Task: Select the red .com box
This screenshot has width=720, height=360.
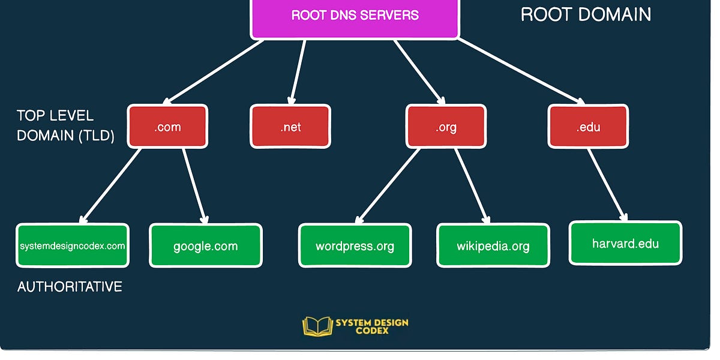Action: (167, 127)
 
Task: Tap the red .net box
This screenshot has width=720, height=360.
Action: (290, 127)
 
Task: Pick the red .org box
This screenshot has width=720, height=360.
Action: (446, 127)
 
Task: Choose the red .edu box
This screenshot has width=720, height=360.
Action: (587, 127)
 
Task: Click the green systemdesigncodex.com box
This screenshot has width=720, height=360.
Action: (72, 245)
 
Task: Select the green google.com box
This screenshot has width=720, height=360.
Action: (205, 245)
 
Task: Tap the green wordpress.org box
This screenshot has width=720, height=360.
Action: (355, 245)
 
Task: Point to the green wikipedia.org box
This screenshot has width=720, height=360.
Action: (493, 245)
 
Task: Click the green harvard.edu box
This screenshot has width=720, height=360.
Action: (625, 243)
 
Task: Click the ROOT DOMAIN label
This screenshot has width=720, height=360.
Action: (586, 14)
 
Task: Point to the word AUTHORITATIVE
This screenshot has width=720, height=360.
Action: (70, 287)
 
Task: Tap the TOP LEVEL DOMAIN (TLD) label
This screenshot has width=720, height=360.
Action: (65, 125)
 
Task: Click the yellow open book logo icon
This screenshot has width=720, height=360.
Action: (317, 326)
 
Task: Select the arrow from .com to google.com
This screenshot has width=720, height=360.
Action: (195, 185)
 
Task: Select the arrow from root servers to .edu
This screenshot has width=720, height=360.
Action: (521, 71)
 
